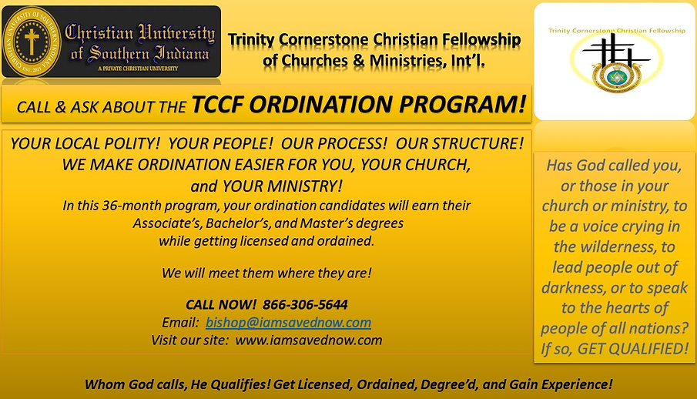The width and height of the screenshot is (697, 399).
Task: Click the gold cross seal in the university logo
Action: point(32,41)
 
